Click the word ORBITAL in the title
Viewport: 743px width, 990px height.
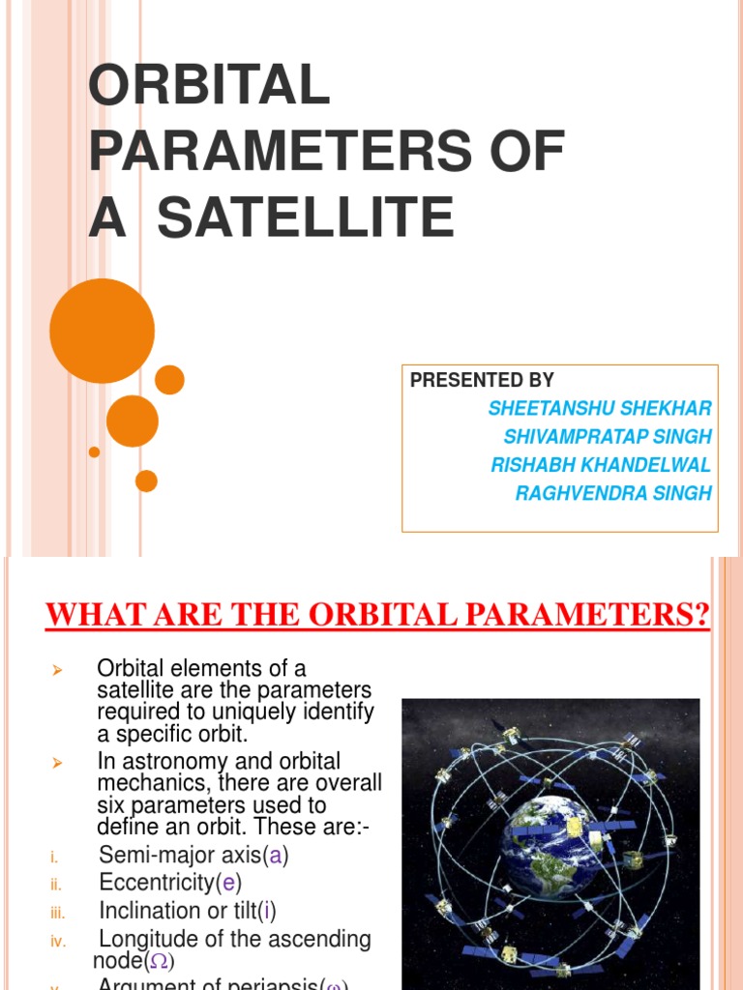pyautogui.click(x=209, y=88)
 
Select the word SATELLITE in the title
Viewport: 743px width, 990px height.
pyautogui.click(x=305, y=217)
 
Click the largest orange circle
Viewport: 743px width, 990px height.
pyautogui.click(x=102, y=332)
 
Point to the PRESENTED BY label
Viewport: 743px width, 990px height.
pyautogui.click(x=482, y=380)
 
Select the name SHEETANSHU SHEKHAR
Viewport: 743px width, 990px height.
pyautogui.click(x=600, y=408)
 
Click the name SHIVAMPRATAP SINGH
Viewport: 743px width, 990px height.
pyautogui.click(x=608, y=437)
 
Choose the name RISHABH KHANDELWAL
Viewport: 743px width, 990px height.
pyautogui.click(x=601, y=465)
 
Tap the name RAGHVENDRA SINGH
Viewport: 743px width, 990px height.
pyautogui.click(x=613, y=493)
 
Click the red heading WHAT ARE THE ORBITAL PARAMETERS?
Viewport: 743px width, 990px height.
pyautogui.click(x=378, y=615)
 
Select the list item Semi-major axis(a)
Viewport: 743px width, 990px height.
pyautogui.click(x=193, y=856)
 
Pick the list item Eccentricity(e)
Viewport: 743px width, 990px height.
pyautogui.click(x=170, y=883)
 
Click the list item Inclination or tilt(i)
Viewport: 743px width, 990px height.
pyautogui.click(x=193, y=911)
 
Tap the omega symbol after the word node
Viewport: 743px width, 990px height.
pyautogui.click(x=161, y=961)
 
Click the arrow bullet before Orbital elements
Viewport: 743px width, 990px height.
pyautogui.click(x=56, y=670)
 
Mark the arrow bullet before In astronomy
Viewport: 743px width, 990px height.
pyautogui.click(x=56, y=763)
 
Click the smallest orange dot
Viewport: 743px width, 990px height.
pyautogui.click(x=94, y=451)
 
